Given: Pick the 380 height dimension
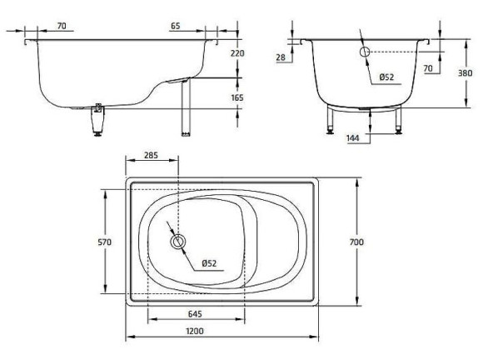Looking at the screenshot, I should point(469,72).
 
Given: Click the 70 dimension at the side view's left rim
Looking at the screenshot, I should point(62,27).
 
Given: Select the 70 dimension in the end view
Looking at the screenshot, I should point(427,68).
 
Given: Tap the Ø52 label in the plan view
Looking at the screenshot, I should point(209,263).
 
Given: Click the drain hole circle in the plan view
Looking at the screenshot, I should point(177,242).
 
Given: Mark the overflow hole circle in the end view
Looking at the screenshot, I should point(364,52).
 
